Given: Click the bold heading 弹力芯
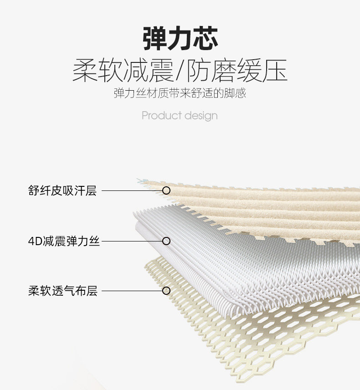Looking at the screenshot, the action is (x=180, y=38).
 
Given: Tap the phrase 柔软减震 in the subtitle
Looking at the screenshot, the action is (x=123, y=71).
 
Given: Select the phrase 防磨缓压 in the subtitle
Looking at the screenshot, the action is (x=237, y=71).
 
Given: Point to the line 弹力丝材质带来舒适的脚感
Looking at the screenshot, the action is (x=180, y=94).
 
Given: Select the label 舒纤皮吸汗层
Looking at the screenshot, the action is (x=62, y=190).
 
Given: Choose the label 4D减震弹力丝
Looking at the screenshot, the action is (x=64, y=241).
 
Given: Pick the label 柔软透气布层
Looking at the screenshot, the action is (x=63, y=291).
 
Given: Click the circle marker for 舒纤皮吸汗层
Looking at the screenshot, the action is (x=166, y=190).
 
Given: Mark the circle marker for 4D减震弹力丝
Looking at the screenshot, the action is (x=166, y=241).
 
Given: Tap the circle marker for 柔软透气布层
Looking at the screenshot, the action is (x=166, y=291).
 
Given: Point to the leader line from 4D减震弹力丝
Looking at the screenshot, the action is (x=132, y=241).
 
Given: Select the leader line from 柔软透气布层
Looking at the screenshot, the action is (x=132, y=291).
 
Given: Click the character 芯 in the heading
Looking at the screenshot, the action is (x=206, y=38).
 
